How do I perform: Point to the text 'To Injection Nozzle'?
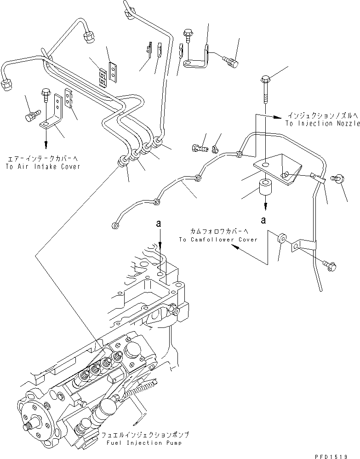(x=317, y=124)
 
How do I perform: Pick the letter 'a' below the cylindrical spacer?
(x=263, y=220)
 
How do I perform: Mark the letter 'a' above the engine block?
(x=159, y=224)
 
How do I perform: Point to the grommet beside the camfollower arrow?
(x=280, y=240)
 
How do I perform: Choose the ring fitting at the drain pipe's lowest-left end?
(x=114, y=225)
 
